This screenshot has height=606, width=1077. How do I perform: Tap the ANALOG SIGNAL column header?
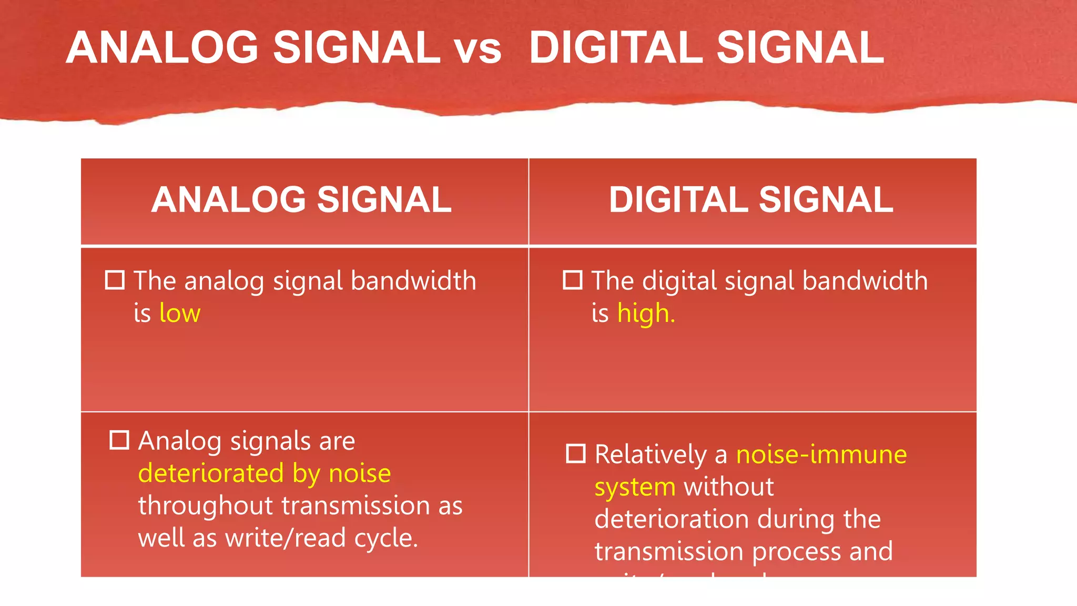[x=301, y=200]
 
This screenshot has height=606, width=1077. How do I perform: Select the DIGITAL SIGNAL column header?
[x=751, y=200]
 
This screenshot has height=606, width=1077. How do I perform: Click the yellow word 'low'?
[x=180, y=314]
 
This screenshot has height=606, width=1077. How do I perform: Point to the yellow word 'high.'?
[x=646, y=314]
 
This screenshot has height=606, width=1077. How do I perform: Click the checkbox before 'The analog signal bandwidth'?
[x=115, y=280]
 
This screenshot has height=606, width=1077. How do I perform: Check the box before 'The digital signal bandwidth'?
[x=573, y=280]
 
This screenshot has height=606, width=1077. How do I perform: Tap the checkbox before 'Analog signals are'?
[x=119, y=440]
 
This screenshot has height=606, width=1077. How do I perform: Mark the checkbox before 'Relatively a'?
[x=576, y=453]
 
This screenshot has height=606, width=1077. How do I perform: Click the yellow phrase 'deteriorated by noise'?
[x=265, y=473]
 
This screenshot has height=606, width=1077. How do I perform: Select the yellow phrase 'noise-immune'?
[x=821, y=454]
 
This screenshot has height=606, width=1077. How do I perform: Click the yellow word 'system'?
[x=635, y=488]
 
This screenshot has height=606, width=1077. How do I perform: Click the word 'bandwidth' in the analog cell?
[x=413, y=280]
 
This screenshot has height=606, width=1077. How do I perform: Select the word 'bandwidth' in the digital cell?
[x=865, y=280]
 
